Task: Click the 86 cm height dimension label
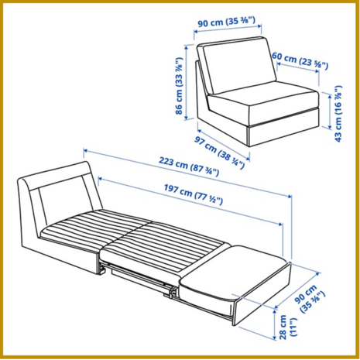[179, 86]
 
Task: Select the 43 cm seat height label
[338, 114]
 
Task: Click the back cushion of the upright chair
[239, 65]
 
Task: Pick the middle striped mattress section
[164, 246]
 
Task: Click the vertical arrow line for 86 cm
[186, 82]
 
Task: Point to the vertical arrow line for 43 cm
[330, 111]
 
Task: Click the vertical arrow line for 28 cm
[275, 323]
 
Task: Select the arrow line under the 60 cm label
[297, 67]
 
